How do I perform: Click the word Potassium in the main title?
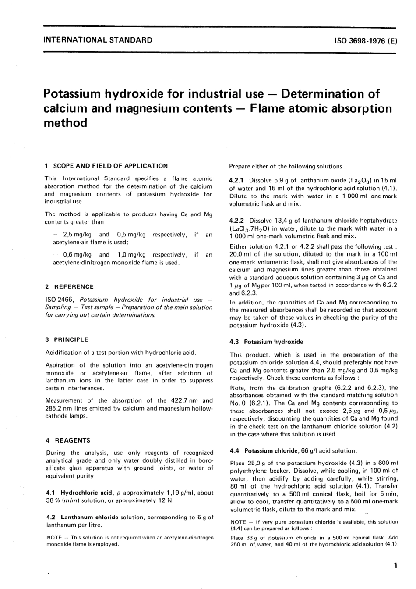pos(72,94)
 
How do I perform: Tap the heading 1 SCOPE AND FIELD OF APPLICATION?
pos(106,166)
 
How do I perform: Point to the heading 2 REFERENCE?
pos(70,286)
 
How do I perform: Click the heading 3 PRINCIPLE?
pos(67,339)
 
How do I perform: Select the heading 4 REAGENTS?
pos(68,440)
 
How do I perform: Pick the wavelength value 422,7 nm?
pos(185,400)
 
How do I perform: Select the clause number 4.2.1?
pos(237,181)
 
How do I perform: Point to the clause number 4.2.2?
pos(237,221)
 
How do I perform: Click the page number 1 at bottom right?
pos(395,566)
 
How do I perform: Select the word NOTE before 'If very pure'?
pos(237,522)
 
